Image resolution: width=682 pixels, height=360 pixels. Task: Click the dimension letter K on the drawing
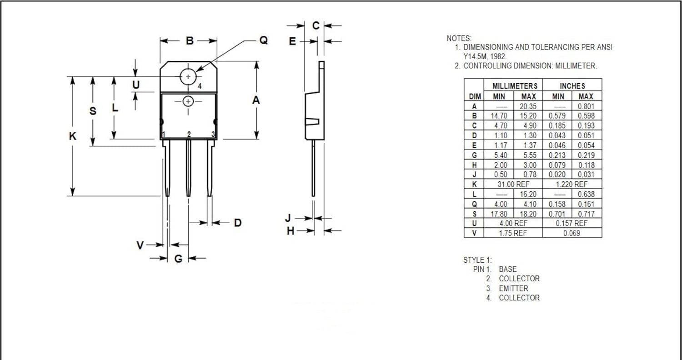point(72,136)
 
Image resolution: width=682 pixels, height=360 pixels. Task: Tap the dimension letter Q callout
point(264,40)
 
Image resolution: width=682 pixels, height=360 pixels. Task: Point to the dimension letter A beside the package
point(256,100)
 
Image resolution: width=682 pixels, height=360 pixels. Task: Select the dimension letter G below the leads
point(178,259)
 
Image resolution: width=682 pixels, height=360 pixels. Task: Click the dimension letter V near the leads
point(140,245)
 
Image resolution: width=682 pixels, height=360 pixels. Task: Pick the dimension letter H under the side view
point(291,231)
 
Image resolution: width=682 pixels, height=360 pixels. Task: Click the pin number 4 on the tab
point(200,86)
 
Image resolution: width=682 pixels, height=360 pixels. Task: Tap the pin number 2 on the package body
point(189,134)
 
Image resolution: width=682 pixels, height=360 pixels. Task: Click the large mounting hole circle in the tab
point(188,69)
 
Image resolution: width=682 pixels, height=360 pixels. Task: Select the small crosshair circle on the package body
point(188,96)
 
